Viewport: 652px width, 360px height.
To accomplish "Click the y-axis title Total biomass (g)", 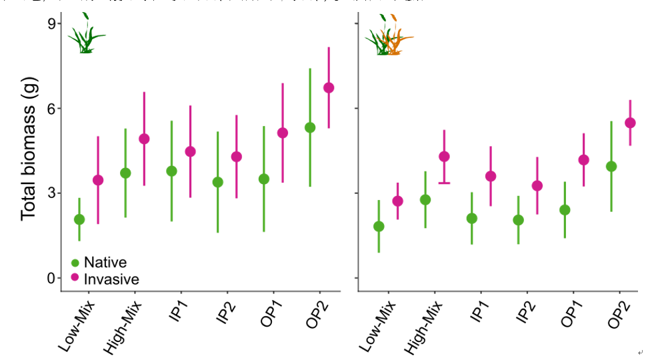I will (28, 149).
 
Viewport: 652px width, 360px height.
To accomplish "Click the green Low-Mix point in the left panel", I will (79, 219).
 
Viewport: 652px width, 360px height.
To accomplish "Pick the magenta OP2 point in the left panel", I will (329, 88).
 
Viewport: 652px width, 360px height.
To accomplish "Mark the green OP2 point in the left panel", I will (310, 127).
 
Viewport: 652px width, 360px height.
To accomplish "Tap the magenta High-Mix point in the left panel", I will (144, 139).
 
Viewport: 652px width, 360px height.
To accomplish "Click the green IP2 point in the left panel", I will (217, 182).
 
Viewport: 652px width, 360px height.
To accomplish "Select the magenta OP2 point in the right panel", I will (630, 123).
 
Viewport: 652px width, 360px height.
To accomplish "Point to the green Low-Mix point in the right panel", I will (379, 226).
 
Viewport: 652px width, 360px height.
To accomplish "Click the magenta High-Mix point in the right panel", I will (444, 157).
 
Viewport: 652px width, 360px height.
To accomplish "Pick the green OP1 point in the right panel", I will (565, 210).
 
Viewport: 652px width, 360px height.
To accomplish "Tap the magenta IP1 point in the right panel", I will (491, 176).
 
